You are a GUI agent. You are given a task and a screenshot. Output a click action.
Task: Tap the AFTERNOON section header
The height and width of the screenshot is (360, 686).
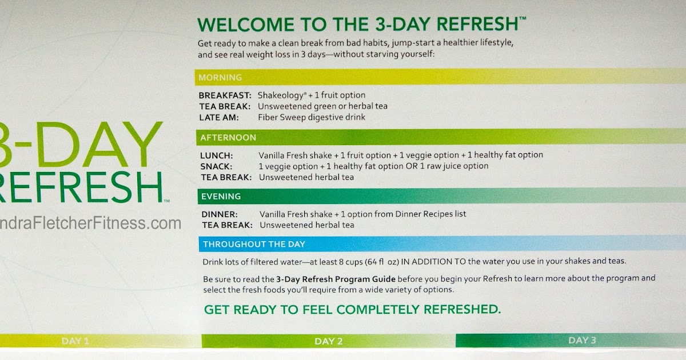228,138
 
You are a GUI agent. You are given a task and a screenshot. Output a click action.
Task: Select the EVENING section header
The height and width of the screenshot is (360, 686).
221,197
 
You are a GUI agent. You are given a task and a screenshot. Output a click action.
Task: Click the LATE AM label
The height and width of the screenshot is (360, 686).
218,117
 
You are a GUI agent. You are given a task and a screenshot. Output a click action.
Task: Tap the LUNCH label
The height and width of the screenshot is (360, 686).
217,155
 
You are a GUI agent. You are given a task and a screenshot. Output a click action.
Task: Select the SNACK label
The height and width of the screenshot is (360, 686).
216,166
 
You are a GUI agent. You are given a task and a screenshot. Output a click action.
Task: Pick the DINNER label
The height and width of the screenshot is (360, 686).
218,214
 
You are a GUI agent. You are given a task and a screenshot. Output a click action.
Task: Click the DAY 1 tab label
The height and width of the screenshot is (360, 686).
75,341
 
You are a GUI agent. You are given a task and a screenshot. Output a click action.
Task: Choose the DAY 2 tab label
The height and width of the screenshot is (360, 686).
329,342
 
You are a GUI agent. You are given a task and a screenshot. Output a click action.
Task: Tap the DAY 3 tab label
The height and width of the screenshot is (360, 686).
582,341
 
